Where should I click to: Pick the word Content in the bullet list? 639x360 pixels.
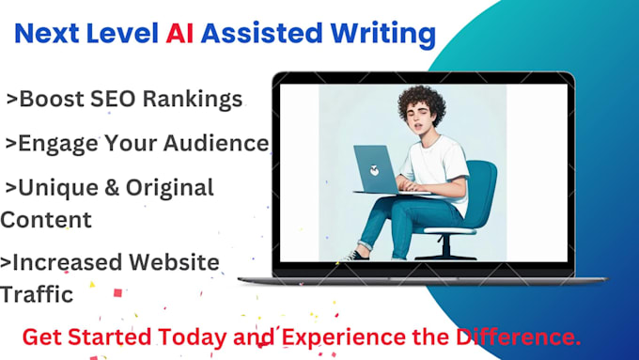[x=46, y=220]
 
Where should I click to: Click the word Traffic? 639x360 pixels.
[x=37, y=294]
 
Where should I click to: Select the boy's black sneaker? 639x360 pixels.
[x=356, y=255]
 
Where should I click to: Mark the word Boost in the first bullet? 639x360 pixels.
[x=52, y=99]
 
